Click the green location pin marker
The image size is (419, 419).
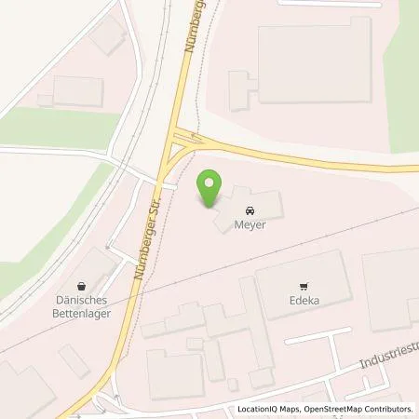coord(210,189)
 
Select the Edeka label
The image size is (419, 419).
coord(302,303)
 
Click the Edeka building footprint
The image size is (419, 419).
coord(304,279)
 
